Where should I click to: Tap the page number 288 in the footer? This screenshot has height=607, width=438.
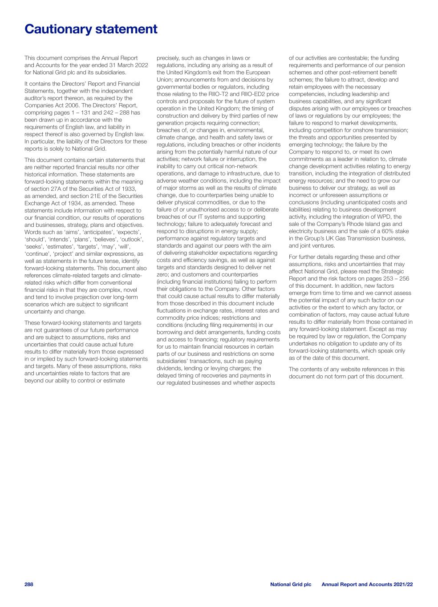click(29, 584)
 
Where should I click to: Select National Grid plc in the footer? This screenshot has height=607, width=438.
click(291, 584)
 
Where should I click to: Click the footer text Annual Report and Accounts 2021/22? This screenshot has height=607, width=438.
click(367, 584)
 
